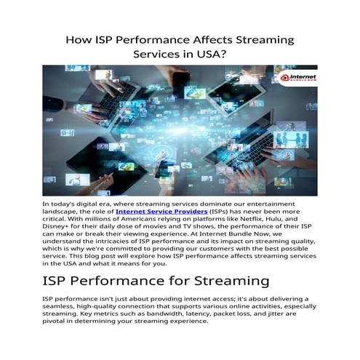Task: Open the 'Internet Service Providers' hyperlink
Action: (166, 211)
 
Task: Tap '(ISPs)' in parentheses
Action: (221, 211)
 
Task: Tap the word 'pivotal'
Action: (55, 321)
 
